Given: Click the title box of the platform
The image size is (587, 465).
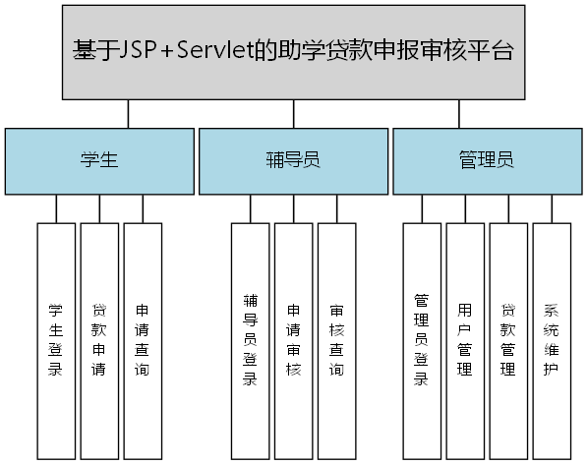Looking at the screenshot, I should coord(293,51).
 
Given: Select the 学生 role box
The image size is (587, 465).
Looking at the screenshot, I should coord(99,160).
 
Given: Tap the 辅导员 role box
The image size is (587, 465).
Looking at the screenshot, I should coord(293,160).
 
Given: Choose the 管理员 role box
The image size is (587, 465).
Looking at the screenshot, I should coord(486,160).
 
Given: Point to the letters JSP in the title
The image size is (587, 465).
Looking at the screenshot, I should coord(138,51).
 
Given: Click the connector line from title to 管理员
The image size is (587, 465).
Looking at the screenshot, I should coord(458,114).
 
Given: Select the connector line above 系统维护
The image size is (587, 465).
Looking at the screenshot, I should coord(552,208).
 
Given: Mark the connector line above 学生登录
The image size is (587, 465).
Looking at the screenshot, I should coord(56,208).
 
